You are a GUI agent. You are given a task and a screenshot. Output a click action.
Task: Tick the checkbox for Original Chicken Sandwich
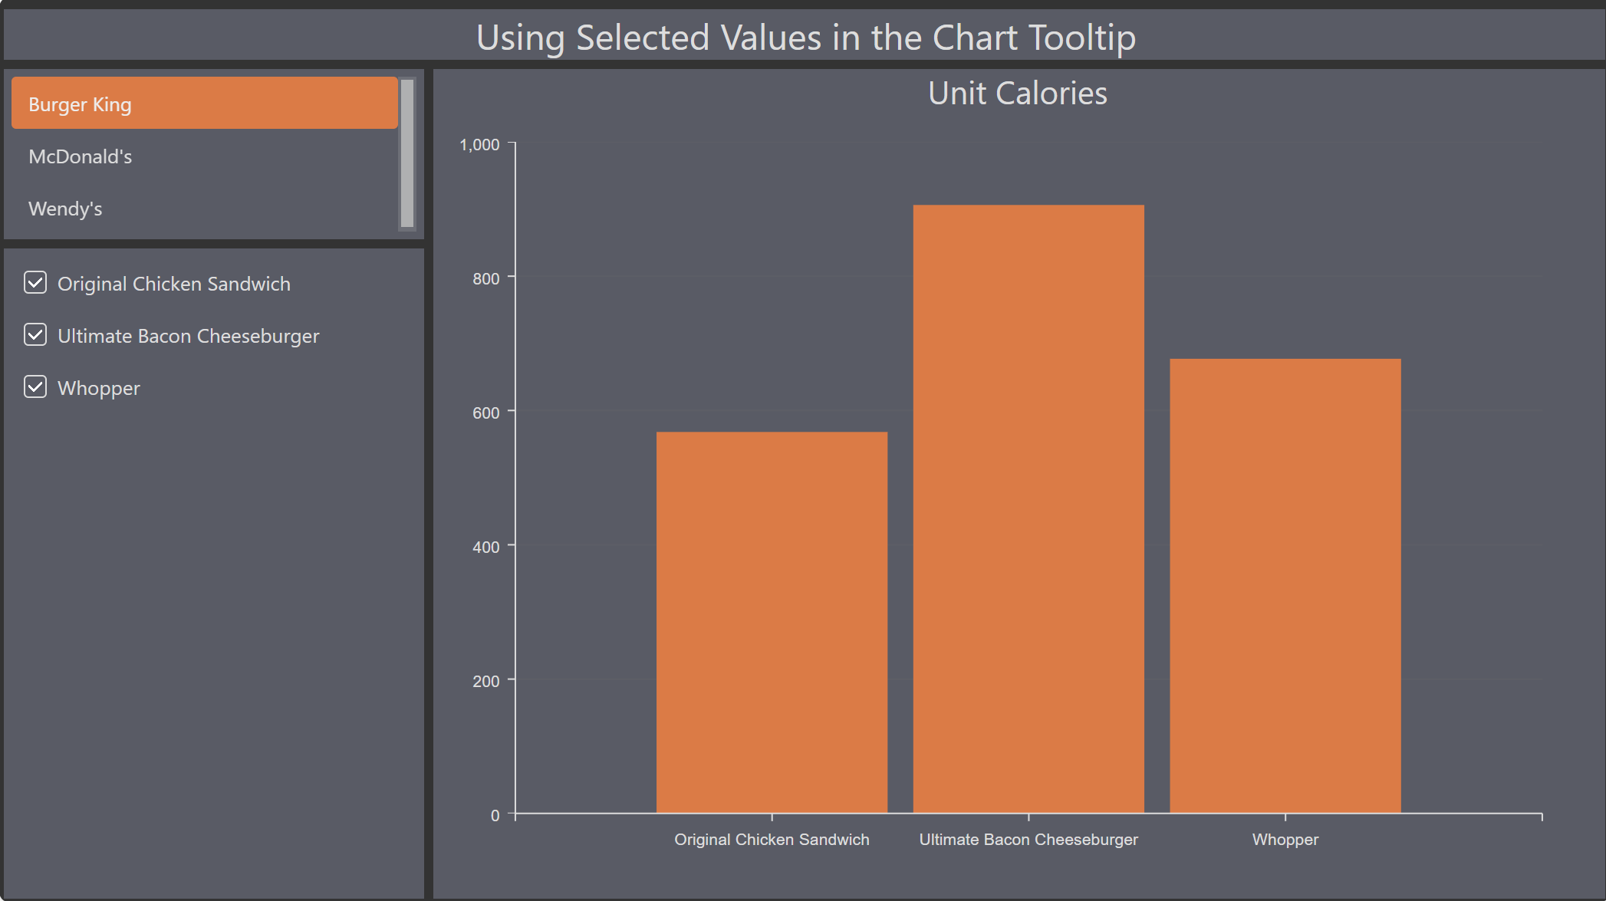pos(35,283)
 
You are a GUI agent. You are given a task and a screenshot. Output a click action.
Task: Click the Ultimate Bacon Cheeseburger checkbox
pos(35,335)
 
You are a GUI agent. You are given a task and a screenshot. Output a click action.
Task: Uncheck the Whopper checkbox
pos(35,387)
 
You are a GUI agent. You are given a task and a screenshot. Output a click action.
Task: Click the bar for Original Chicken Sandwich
pos(772,622)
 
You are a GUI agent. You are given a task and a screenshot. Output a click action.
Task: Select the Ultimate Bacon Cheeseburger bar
pos(1028,508)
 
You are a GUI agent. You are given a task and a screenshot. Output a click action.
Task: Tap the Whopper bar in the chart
pos(1285,586)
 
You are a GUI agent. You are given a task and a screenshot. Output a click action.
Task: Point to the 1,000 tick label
pos(479,144)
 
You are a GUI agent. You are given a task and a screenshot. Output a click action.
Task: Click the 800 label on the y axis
pos(486,278)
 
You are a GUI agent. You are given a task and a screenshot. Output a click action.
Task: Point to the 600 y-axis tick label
pos(486,413)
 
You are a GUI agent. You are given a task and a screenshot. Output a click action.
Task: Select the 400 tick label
pos(486,547)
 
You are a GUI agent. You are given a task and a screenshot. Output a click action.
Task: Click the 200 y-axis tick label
pos(486,681)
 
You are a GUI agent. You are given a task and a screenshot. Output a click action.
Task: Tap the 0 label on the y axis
pos(495,815)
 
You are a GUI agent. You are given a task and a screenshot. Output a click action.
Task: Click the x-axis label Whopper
pos(1285,840)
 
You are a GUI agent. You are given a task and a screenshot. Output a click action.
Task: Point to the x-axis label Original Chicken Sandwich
pos(772,840)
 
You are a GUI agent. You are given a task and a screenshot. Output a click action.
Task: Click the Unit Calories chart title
pos(1018,94)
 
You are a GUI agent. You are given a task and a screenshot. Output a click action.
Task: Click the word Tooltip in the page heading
pos(1082,38)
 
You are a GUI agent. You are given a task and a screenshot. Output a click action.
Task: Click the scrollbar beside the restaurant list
pos(407,153)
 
